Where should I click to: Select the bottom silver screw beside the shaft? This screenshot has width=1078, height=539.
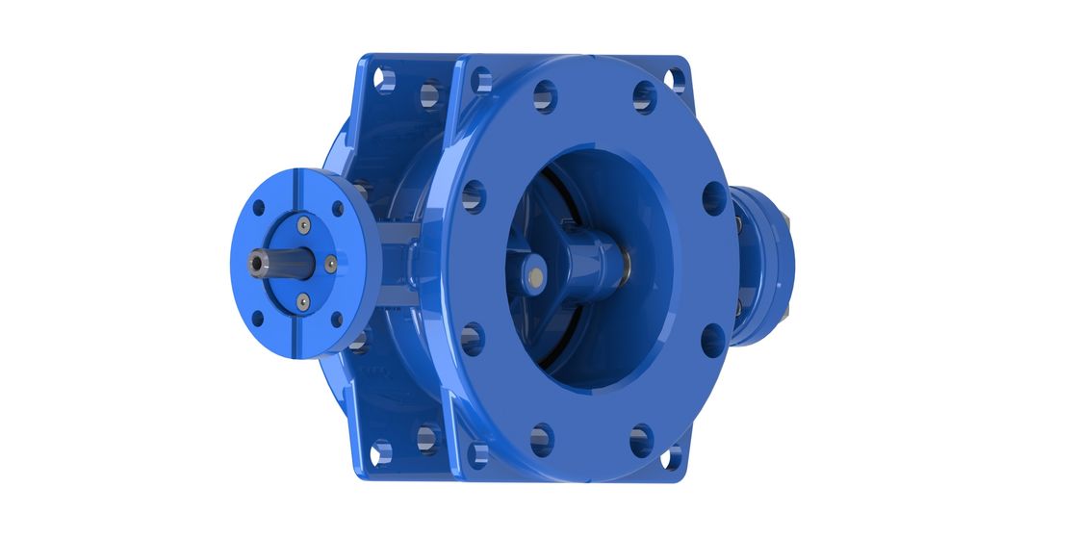pos(303,302)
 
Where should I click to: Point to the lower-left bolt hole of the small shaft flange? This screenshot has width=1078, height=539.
pos(258,318)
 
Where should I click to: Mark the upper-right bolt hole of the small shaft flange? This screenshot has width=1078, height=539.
pos(337,208)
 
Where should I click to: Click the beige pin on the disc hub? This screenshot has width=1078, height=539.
pos(532,278)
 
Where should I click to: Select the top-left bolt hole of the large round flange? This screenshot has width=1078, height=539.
pos(544,95)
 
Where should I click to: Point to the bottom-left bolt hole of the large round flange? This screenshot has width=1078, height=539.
pos(542,438)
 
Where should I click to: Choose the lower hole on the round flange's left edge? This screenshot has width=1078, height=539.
pos(472,339)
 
